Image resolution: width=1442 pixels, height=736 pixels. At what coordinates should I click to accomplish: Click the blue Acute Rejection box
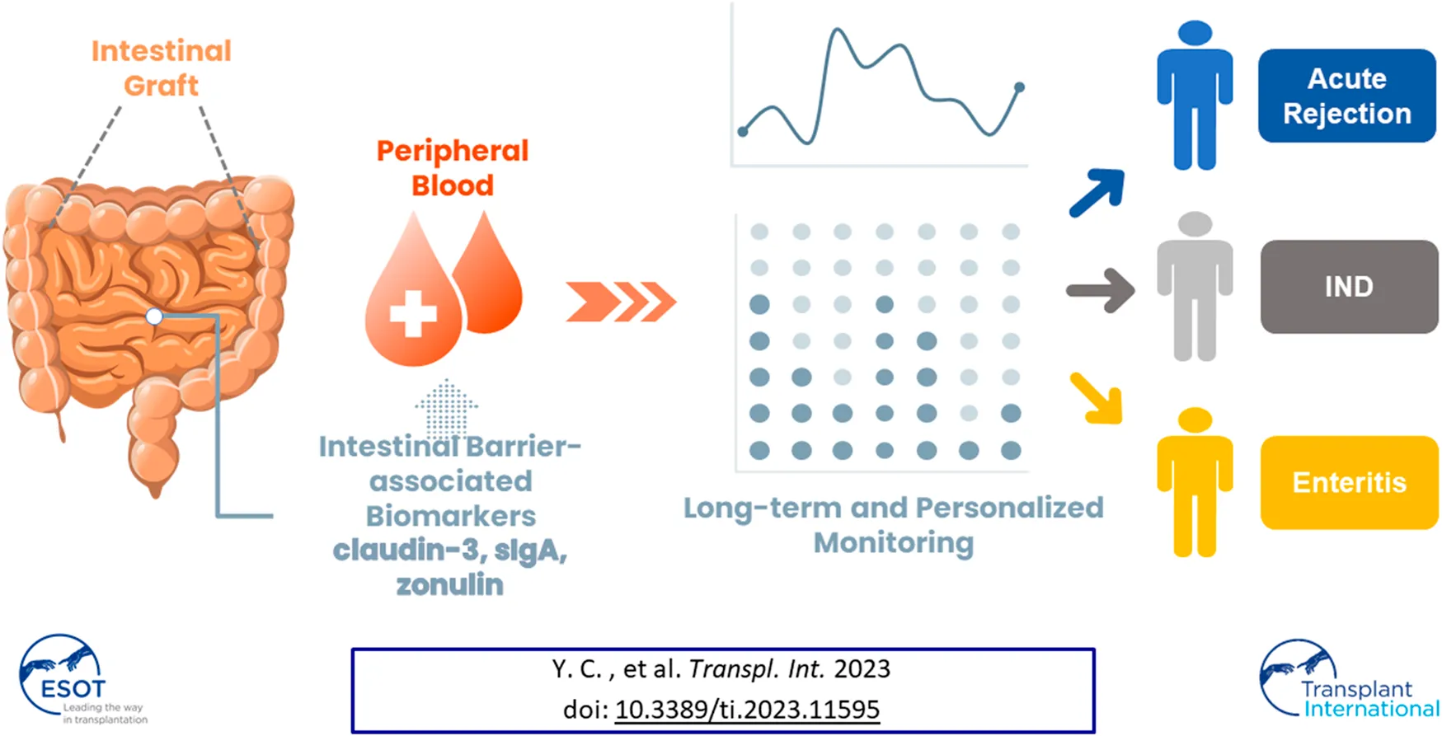click(1346, 96)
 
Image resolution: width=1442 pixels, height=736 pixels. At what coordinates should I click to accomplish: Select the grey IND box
click(1349, 287)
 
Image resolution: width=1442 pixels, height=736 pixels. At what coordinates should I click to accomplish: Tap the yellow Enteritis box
click(1349, 482)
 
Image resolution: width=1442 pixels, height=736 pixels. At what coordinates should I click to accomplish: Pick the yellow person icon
click(1195, 482)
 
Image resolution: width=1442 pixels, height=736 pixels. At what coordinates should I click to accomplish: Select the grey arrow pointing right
click(1101, 290)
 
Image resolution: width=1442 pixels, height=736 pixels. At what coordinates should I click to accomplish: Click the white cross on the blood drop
click(413, 313)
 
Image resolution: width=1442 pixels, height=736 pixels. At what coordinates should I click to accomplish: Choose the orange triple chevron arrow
click(621, 302)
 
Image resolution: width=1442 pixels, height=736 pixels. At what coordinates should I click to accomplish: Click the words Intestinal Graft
click(162, 68)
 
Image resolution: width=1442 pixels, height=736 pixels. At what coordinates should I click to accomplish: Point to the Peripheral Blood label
click(453, 168)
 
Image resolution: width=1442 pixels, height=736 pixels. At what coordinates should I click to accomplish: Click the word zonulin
click(450, 584)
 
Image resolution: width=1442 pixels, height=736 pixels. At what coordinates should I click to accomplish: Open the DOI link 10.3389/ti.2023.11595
click(747, 710)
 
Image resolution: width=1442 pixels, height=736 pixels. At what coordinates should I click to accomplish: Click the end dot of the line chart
click(1020, 87)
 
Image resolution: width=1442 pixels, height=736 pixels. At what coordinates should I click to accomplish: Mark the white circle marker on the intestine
click(154, 316)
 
